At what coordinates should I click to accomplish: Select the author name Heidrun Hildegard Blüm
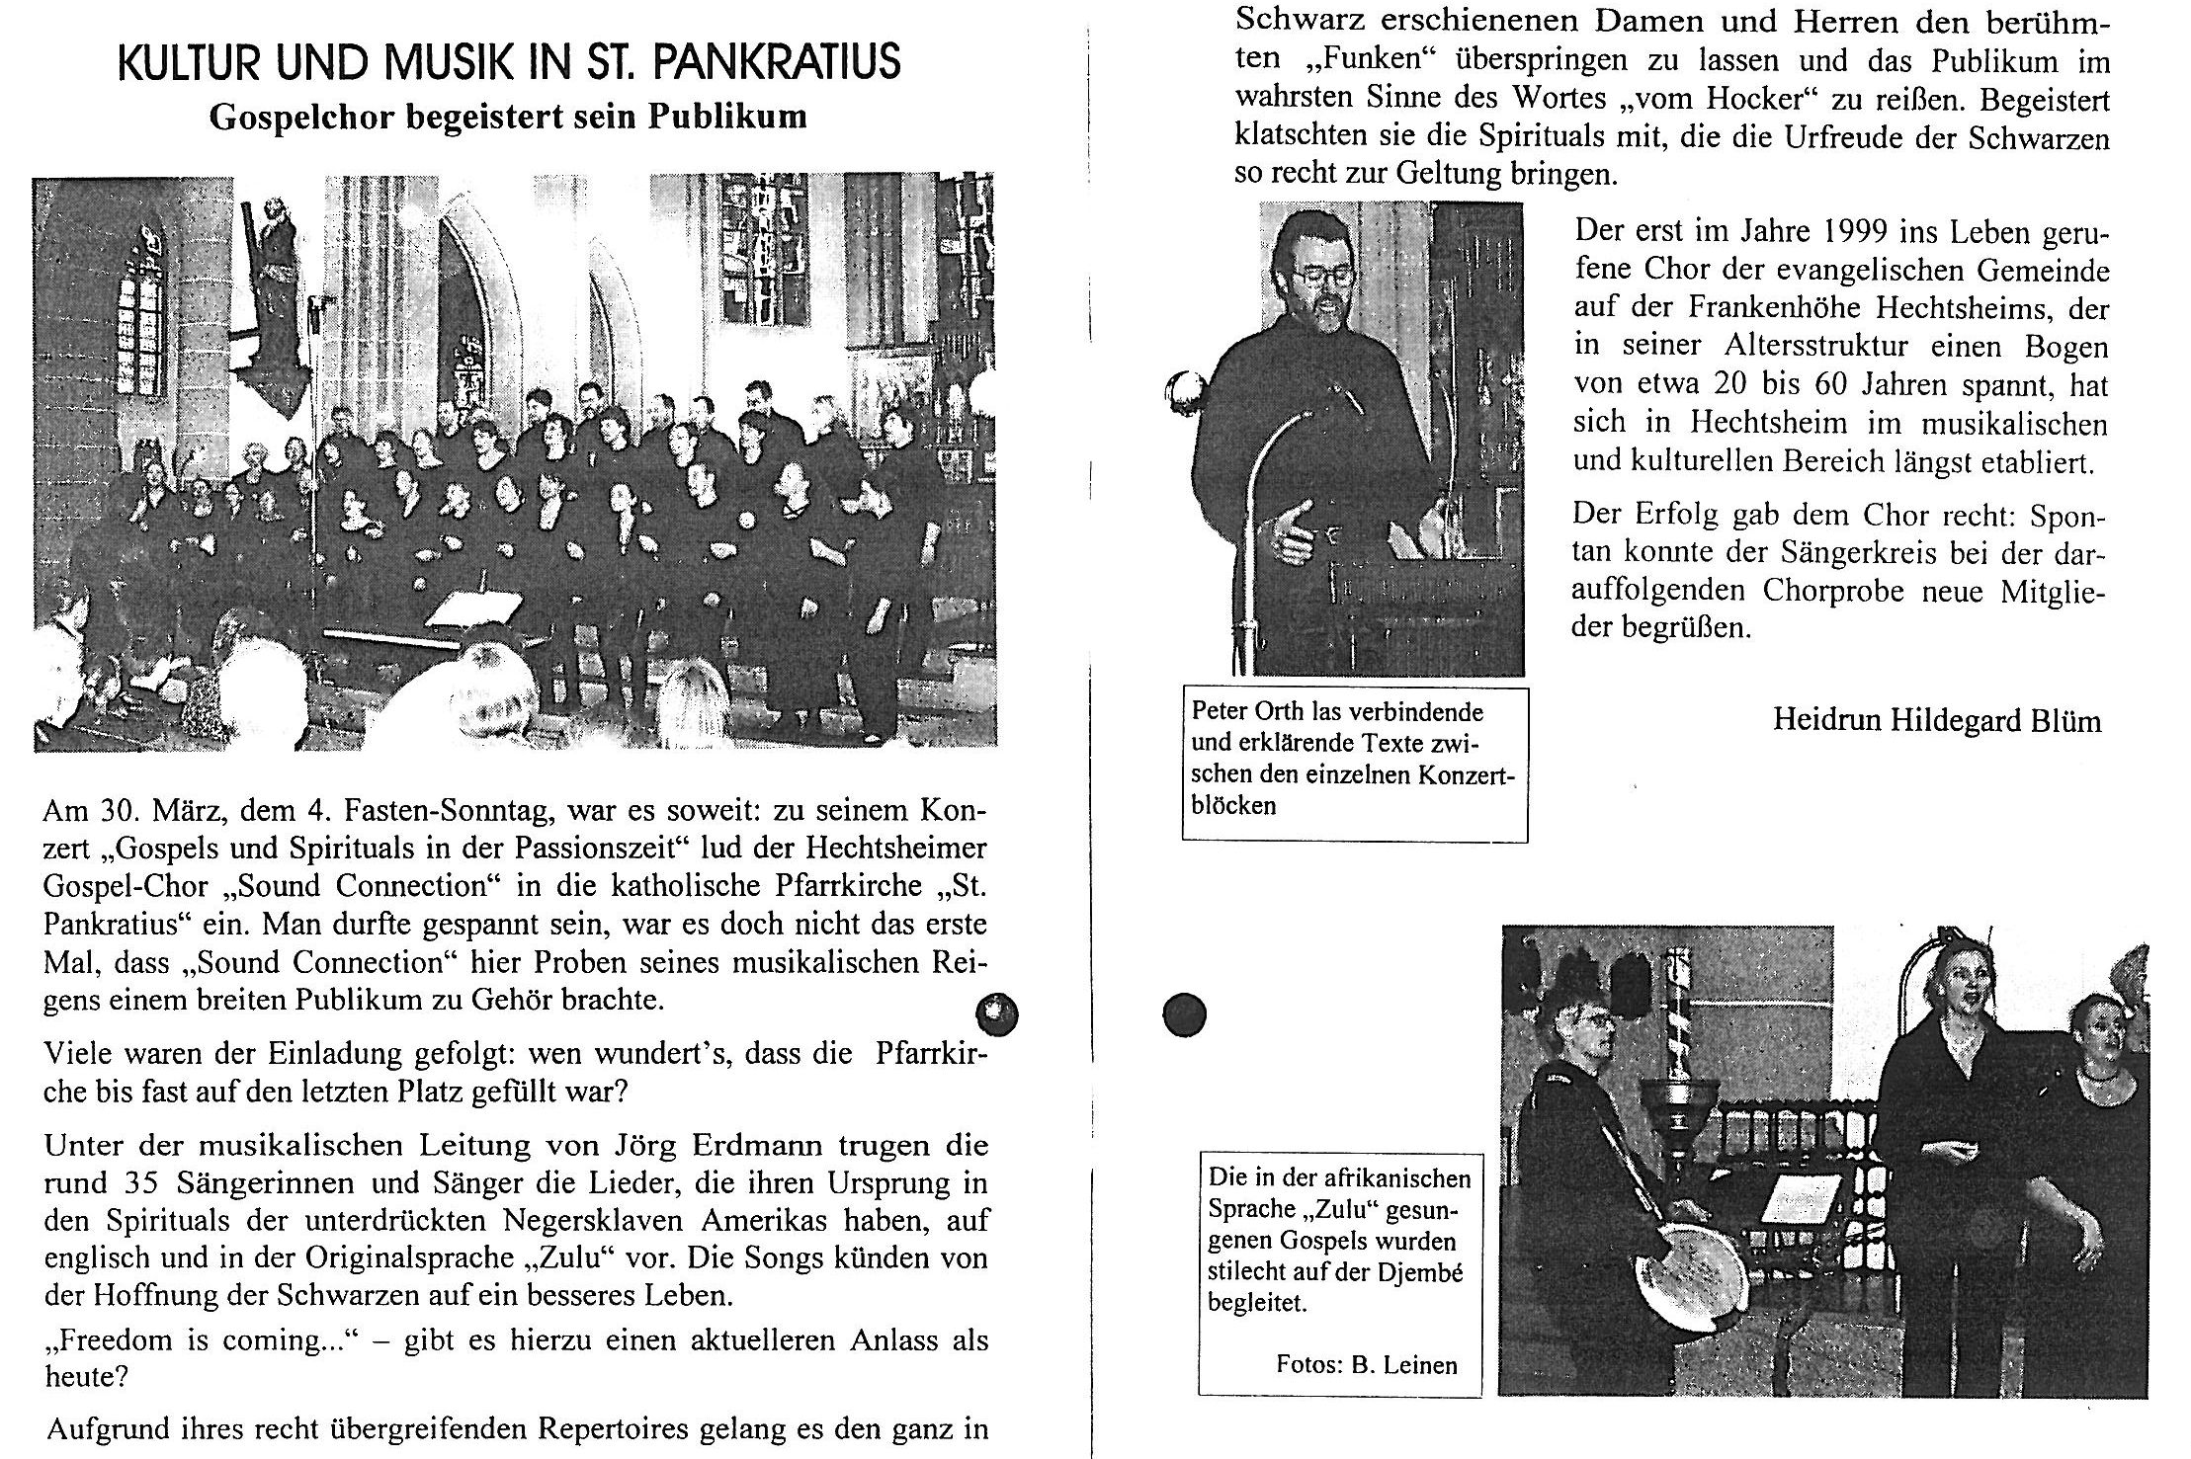pyautogui.click(x=1937, y=720)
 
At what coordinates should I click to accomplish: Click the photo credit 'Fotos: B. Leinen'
pyautogui.click(x=1367, y=1365)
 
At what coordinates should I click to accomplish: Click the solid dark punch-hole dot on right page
pyautogui.click(x=1185, y=1014)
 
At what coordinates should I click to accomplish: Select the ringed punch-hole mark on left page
pyautogui.click(x=996, y=1013)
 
